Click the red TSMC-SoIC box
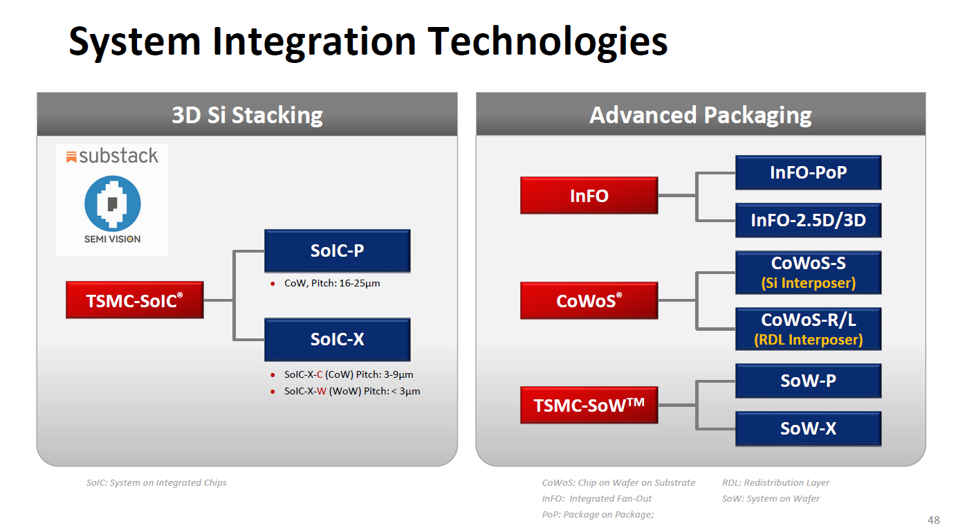coord(134,300)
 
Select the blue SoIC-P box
coord(337,251)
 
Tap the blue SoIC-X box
coord(337,339)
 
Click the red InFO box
coord(589,196)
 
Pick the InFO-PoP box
coord(808,172)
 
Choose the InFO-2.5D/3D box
coord(808,221)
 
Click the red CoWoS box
coord(589,301)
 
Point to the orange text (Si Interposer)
coord(808,283)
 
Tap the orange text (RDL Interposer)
coord(808,340)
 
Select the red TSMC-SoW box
coord(589,405)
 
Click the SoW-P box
coord(808,381)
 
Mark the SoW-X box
coord(808,429)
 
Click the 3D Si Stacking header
coord(247,115)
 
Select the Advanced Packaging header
coord(700,115)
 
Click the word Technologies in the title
coord(547,42)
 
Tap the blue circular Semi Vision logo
coord(113,203)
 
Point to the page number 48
coord(933,520)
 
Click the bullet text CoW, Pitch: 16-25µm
coord(332,284)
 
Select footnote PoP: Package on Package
coord(598,514)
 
